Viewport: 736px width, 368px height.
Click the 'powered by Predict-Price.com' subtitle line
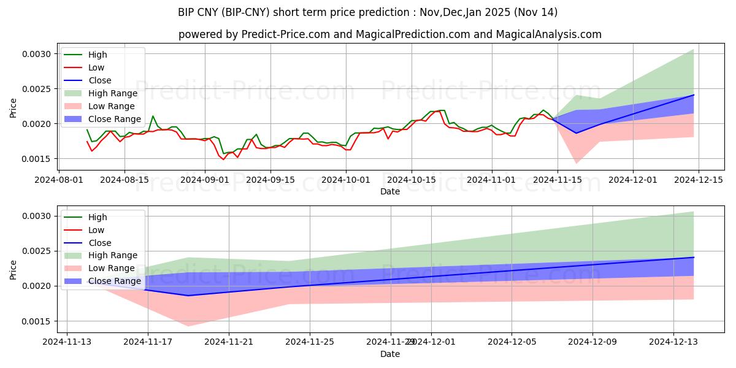389,34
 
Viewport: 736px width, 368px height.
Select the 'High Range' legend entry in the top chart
111,93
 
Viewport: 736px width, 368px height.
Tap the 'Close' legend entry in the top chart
100,80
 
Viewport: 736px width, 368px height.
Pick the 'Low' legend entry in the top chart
96,67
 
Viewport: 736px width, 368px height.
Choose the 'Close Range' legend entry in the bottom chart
115,281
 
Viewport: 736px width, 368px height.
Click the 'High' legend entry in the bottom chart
98,217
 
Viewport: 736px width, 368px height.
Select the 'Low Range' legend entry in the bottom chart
112,268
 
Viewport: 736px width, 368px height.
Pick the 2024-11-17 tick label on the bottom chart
148,342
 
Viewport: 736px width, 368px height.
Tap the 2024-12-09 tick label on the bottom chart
592,342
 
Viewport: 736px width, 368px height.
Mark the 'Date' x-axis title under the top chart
389,191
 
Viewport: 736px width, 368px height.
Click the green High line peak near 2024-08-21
153,116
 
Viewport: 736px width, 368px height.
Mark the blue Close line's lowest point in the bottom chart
188,296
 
